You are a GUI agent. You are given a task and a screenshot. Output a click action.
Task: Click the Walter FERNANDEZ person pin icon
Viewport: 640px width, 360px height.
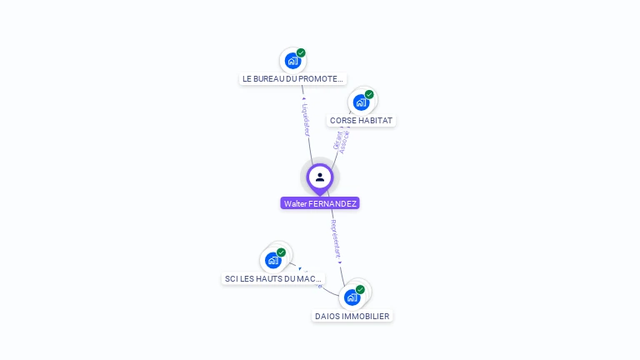click(x=320, y=177)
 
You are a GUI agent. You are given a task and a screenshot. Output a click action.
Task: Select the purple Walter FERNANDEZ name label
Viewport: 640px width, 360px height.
click(x=320, y=203)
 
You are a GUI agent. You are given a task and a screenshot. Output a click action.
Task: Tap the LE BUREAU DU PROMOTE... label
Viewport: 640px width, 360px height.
click(x=292, y=79)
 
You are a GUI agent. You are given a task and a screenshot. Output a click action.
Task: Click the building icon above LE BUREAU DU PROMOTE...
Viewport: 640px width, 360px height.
click(x=292, y=61)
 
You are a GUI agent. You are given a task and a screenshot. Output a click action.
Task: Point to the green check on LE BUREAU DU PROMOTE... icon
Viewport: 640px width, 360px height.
click(x=301, y=53)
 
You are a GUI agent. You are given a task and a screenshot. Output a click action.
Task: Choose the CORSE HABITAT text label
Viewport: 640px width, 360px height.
click(x=361, y=120)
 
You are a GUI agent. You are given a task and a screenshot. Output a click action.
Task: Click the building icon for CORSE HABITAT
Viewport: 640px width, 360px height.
click(x=361, y=102)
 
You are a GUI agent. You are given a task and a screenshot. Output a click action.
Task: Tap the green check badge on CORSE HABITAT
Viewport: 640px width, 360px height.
click(x=369, y=94)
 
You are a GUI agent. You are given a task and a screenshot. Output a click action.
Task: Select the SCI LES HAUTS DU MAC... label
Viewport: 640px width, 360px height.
click(x=273, y=278)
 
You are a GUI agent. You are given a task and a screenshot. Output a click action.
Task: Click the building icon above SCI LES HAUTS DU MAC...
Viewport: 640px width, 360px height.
click(x=272, y=260)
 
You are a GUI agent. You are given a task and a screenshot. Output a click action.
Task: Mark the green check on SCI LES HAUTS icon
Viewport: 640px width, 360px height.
click(x=281, y=252)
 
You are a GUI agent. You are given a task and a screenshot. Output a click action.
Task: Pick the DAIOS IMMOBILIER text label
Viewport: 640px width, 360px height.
click(x=352, y=316)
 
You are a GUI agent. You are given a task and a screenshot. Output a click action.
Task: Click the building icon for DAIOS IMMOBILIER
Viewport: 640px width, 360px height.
click(x=352, y=297)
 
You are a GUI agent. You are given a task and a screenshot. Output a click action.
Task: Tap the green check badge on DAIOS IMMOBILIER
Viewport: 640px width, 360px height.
click(x=360, y=290)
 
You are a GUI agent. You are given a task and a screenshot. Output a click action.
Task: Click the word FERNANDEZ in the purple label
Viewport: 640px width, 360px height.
click(x=332, y=203)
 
